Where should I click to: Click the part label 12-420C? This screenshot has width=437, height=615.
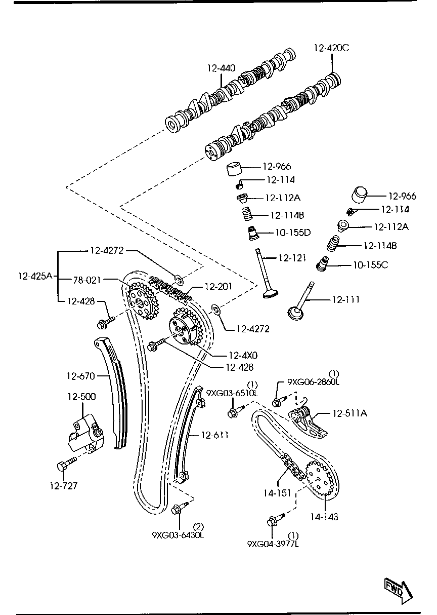point(331,49)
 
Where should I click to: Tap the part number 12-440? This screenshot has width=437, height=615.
point(221,68)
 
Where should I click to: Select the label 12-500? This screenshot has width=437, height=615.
point(81,397)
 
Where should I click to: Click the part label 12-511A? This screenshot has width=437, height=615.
point(349,413)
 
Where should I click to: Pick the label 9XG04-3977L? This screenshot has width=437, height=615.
point(273,544)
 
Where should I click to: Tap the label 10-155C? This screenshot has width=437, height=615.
point(370,264)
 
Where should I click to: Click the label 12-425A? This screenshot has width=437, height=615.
point(35,276)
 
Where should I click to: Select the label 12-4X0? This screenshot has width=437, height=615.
point(243,355)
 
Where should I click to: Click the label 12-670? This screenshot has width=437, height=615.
point(80,376)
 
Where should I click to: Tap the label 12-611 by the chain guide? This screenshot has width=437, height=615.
point(214,435)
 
